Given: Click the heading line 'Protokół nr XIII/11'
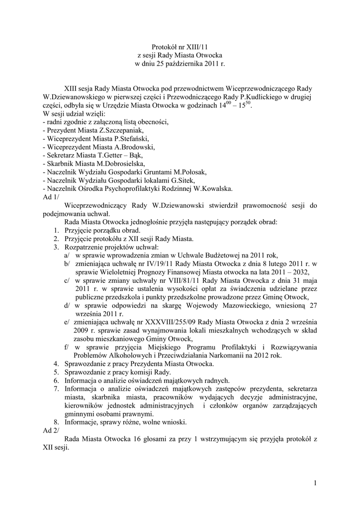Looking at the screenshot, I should coord(180,46).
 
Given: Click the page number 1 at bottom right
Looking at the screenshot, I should coord(316,482).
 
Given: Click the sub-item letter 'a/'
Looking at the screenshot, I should coord(67,255).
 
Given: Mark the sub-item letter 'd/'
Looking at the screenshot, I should coord(67,306).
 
